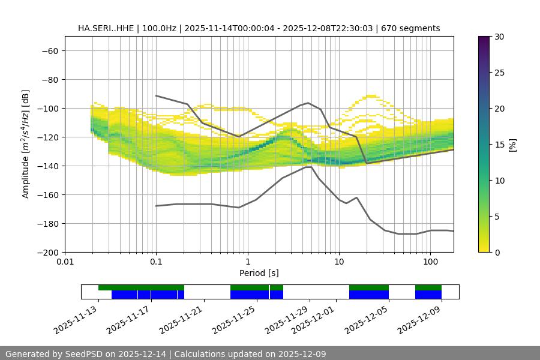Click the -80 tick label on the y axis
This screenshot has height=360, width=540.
click(49, 79)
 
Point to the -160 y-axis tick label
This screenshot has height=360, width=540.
click(47, 194)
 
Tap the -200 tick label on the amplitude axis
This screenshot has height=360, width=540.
click(47, 252)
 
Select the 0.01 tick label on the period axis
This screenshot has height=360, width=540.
click(65, 262)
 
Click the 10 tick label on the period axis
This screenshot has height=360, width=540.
click(339, 262)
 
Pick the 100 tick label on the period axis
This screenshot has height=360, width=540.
click(430, 262)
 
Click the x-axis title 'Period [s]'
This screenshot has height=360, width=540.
click(259, 273)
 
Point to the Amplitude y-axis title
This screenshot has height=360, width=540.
click(26, 144)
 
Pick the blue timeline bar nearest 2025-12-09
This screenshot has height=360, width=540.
click(428, 295)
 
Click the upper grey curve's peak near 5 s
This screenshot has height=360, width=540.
click(308, 103)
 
